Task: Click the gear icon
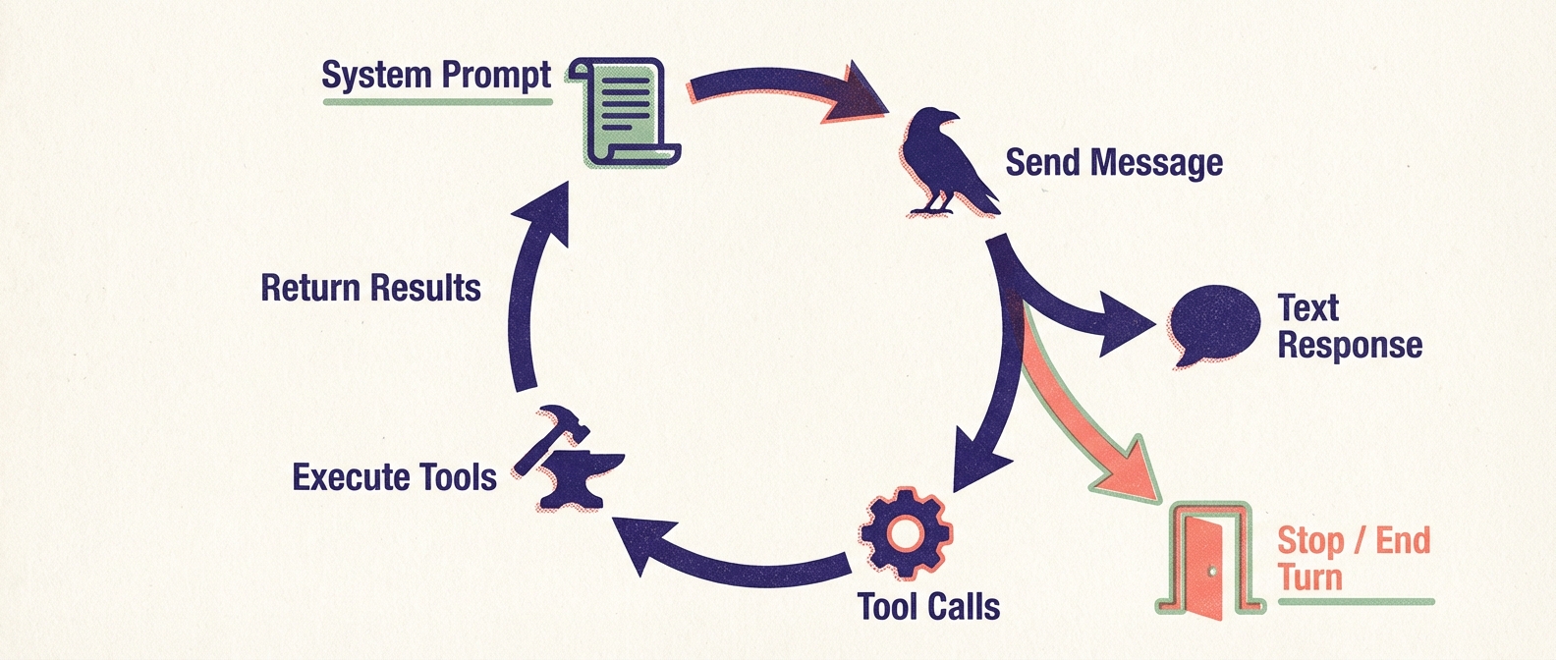905,534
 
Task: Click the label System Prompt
436,76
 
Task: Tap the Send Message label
1113,162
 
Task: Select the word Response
1349,346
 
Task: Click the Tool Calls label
928,607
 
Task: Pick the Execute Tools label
394,477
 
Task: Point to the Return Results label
370,288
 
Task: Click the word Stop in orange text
1309,540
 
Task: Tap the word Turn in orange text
1308,577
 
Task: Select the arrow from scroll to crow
776,90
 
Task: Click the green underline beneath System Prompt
437,100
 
